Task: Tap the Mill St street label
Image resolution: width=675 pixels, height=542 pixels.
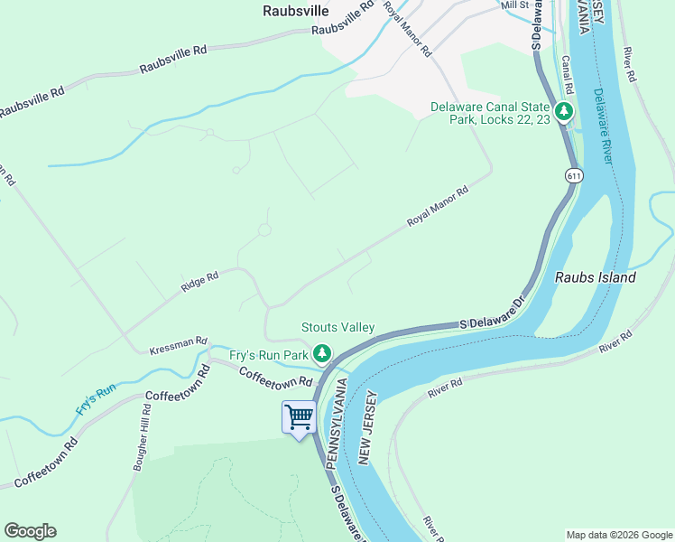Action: click(x=513, y=5)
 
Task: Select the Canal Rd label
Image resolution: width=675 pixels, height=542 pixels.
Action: click(x=567, y=72)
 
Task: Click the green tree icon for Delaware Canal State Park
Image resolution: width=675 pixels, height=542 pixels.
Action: click(x=564, y=112)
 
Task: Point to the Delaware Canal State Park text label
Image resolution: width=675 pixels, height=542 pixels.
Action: click(x=490, y=113)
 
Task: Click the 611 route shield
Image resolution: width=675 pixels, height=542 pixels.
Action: click(x=573, y=175)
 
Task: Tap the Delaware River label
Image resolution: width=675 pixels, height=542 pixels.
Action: click(x=604, y=126)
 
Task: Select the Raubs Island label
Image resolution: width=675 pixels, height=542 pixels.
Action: click(x=595, y=277)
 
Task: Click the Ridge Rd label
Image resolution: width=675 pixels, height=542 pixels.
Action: click(x=199, y=282)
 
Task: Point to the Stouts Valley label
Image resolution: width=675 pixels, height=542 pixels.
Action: click(x=337, y=327)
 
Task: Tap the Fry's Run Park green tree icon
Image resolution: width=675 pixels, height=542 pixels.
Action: click(x=320, y=353)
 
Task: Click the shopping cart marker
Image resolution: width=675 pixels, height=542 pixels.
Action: click(x=299, y=417)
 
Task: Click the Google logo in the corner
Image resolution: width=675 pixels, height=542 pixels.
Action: click(x=30, y=531)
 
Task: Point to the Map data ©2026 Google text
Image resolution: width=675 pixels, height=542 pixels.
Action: click(x=618, y=535)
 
